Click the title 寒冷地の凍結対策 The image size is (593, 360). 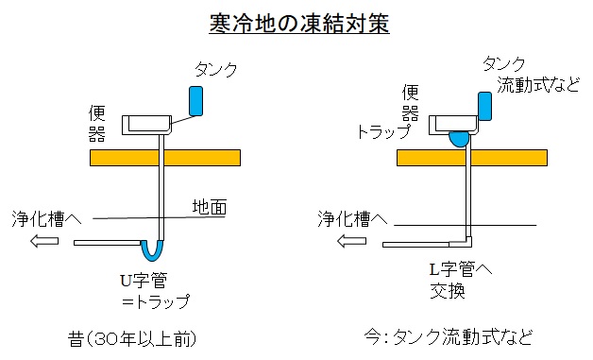pyautogui.click(x=299, y=24)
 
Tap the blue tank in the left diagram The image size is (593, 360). pyautogui.click(x=195, y=101)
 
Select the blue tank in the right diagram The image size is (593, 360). pyautogui.click(x=484, y=106)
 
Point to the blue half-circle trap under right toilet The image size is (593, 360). pyautogui.click(x=459, y=139)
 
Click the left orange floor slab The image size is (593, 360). pyautogui.click(x=165, y=158)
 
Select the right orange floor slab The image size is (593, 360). pyautogui.click(x=472, y=158)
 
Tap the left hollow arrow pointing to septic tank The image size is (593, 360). pyautogui.click(x=44, y=241)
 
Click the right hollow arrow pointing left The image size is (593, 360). pyautogui.click(x=351, y=241)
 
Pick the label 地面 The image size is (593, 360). pyautogui.click(x=210, y=207)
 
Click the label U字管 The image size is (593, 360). pyautogui.click(x=144, y=281)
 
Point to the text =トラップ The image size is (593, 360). pyautogui.click(x=156, y=301)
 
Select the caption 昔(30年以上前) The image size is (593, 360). pyautogui.click(x=132, y=339)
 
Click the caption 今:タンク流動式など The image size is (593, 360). pyautogui.click(x=449, y=337)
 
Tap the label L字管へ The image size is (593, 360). pyautogui.click(x=461, y=269)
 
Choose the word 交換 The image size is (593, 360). pyautogui.click(x=448, y=291)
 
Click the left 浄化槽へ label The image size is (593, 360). pyautogui.click(x=46, y=219)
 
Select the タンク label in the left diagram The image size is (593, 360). pyautogui.click(x=216, y=69)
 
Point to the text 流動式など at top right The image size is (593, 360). pyautogui.click(x=538, y=85)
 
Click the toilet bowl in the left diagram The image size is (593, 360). pyautogui.click(x=146, y=126)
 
